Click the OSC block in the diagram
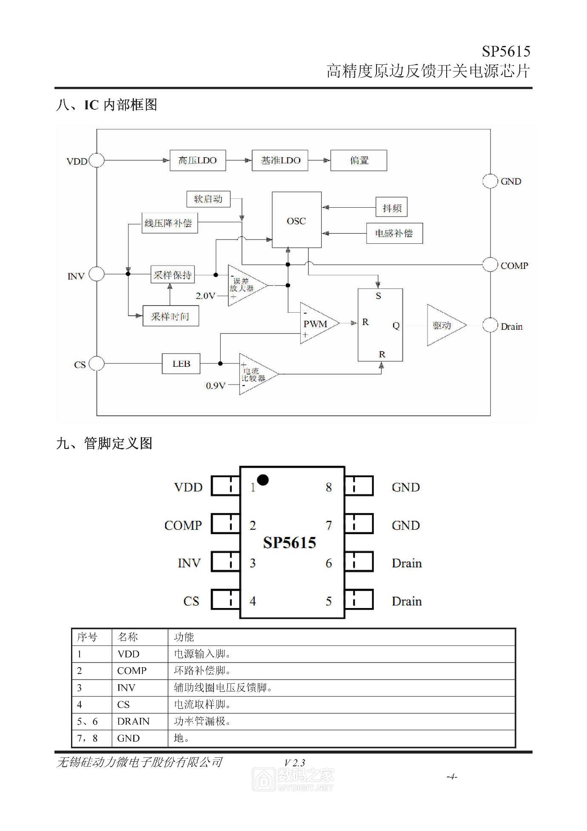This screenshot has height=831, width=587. (x=296, y=220)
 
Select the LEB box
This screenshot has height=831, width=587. (x=181, y=364)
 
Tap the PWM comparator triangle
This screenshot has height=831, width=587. (x=316, y=324)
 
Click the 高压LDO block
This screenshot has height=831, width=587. (x=198, y=160)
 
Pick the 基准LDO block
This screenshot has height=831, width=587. (x=280, y=160)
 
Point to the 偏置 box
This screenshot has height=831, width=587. (x=359, y=160)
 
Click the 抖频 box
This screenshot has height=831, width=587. (x=392, y=208)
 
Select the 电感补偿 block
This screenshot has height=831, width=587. (x=394, y=233)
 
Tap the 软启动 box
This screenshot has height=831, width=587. (x=208, y=199)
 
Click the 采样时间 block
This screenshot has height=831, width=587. (x=171, y=316)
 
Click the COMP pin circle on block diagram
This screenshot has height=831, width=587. (x=490, y=265)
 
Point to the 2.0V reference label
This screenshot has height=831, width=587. (x=205, y=296)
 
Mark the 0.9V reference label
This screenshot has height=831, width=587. (x=216, y=386)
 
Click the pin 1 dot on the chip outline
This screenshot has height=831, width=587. (x=263, y=480)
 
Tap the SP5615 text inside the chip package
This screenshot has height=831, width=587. (x=290, y=543)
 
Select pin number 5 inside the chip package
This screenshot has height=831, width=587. (x=329, y=601)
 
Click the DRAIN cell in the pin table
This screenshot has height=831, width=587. (x=134, y=721)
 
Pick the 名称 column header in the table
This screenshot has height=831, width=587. (x=128, y=637)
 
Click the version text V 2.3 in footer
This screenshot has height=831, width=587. (x=295, y=763)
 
